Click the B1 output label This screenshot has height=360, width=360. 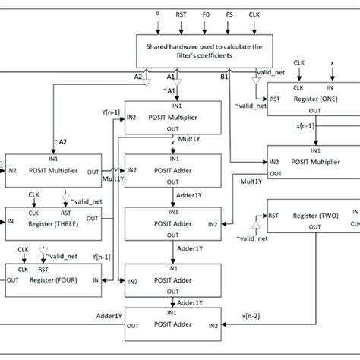[x=226, y=77]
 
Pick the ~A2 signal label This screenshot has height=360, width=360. [x=59, y=141]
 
